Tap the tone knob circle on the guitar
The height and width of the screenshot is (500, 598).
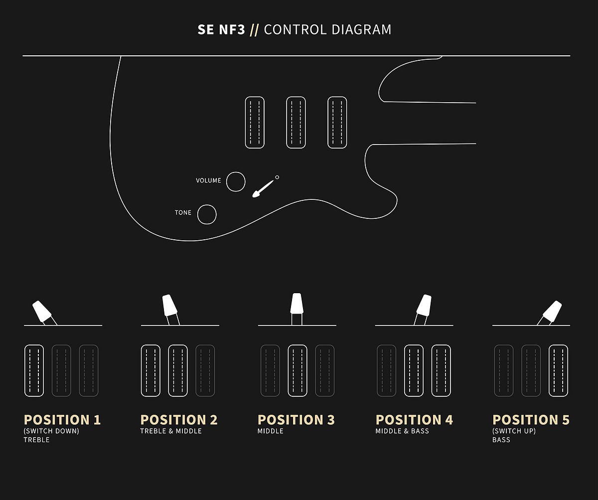click(207, 205)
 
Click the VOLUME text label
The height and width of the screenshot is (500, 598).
click(208, 180)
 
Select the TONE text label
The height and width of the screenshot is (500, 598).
click(183, 212)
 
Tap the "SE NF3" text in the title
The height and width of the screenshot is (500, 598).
click(221, 30)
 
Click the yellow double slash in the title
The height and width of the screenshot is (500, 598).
click(254, 30)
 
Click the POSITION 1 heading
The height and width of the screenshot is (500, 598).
click(62, 420)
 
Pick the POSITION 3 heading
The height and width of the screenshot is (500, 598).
click(296, 420)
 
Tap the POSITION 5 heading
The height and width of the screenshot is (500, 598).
click(531, 420)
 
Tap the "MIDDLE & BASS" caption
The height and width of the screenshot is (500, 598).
click(402, 431)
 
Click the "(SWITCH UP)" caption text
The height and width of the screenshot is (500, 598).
click(514, 431)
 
